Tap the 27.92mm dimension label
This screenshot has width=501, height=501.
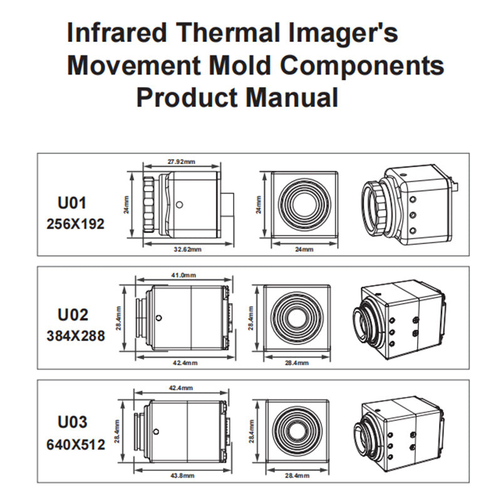(x=181, y=162)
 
